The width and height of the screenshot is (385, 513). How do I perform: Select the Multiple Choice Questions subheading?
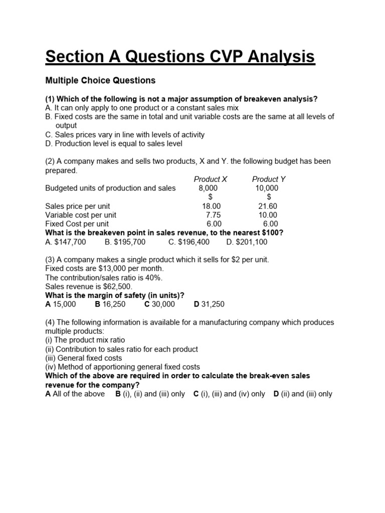point(100,80)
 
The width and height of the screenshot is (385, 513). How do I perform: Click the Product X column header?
point(211,179)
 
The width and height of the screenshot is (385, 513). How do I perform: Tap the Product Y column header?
point(269,179)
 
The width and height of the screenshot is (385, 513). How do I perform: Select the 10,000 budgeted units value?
point(267,188)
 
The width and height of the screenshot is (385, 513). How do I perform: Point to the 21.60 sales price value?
point(267,206)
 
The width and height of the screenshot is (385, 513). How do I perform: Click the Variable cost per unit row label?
point(81,215)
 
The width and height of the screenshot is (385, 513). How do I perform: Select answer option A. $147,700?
point(66,242)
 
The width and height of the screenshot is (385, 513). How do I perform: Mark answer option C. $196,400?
point(189,242)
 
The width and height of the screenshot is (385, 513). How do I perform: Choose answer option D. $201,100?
point(247,242)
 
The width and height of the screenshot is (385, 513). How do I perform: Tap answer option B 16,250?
point(110,304)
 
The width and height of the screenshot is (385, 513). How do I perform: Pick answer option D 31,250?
point(209,304)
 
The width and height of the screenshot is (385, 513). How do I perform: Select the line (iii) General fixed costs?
point(83,358)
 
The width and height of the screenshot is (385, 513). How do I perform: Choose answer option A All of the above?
point(75,394)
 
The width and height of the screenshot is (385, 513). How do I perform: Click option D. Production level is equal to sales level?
point(114,144)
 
